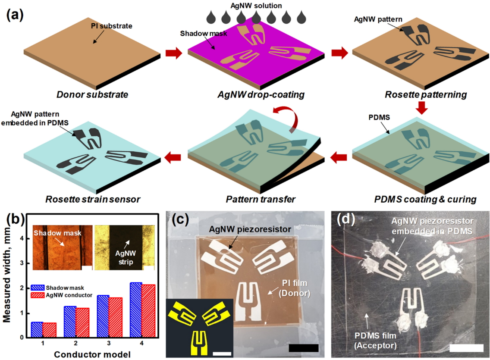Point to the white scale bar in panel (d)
467,347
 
